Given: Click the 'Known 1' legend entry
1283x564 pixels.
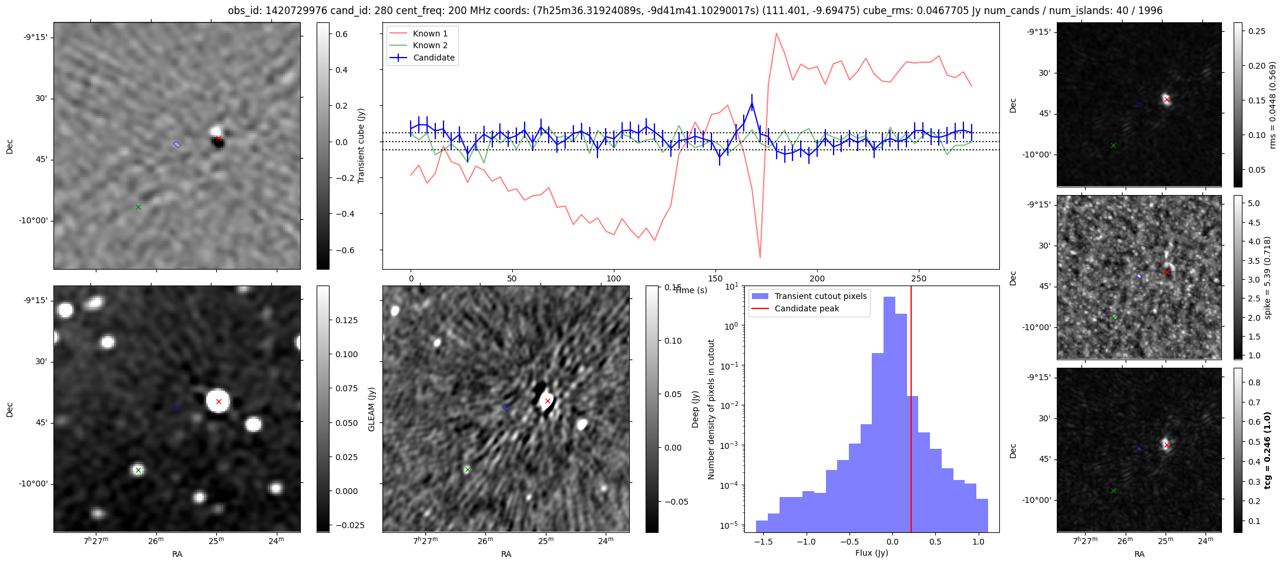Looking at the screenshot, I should point(430,33).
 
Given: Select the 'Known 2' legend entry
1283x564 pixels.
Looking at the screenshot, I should point(430,45).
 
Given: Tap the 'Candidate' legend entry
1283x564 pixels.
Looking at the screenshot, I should point(434,58).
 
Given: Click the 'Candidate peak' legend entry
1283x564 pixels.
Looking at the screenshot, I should point(807,308).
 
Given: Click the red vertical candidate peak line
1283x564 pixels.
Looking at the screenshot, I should point(911,411).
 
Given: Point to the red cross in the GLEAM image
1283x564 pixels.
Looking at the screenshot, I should point(219,401).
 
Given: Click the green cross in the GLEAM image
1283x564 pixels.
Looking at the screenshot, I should point(138,470).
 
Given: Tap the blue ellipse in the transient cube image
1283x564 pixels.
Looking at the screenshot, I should point(177,144).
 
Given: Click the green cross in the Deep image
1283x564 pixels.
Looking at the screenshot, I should point(467,469).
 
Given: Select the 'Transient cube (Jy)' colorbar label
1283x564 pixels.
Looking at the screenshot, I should point(361,146).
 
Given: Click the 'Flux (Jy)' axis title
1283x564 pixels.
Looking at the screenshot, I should point(872,553).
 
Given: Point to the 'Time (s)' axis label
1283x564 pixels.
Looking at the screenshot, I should point(691,290).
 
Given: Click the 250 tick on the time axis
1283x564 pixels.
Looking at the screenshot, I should point(918,278).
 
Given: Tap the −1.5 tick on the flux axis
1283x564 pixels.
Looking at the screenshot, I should point(763,541).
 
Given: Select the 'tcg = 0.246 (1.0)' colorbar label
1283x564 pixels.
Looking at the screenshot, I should point(1268,451).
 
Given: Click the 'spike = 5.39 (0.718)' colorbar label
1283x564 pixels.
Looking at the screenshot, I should point(1268,277).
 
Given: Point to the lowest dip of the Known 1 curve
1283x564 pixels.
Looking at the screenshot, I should point(760,257).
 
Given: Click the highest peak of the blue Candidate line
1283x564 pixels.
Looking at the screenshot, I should point(752,104).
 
